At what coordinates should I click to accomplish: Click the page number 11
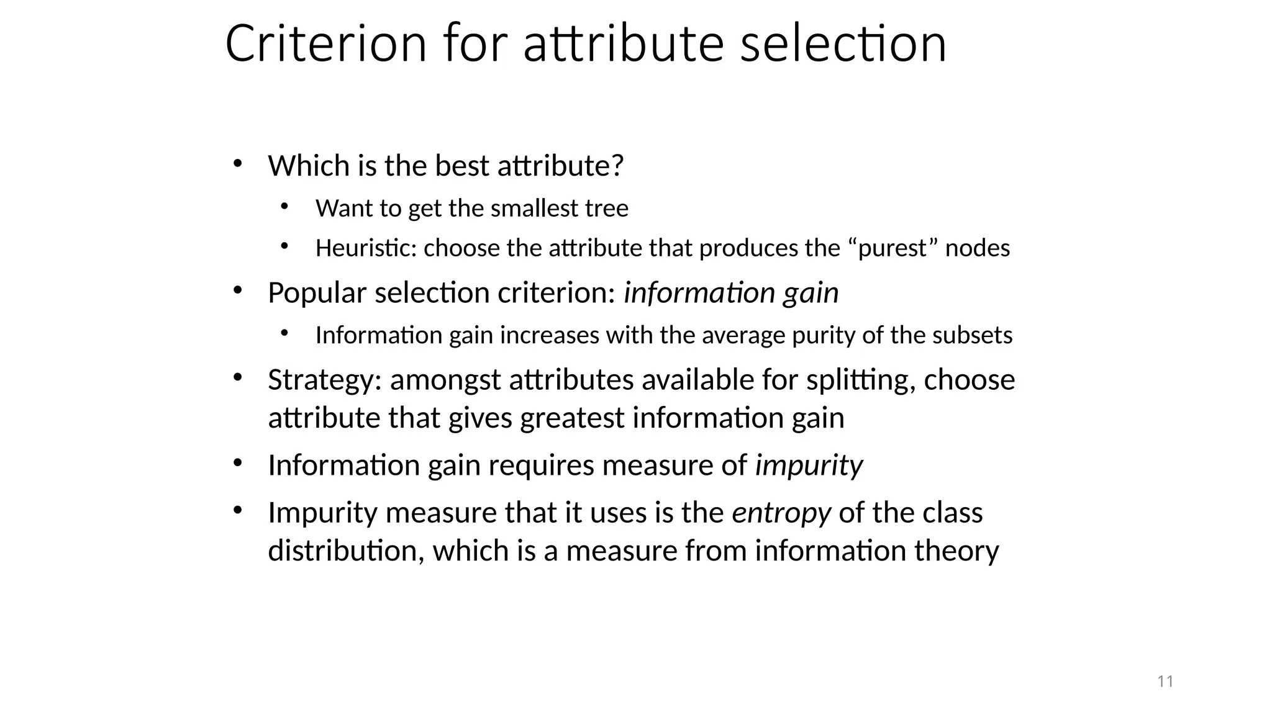tap(1165, 681)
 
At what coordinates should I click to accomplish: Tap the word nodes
tap(977, 248)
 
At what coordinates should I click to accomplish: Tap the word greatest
tap(571, 418)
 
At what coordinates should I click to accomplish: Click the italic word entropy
tap(781, 514)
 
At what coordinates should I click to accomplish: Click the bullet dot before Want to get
tap(284, 206)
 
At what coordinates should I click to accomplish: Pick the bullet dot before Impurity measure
tap(237, 510)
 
